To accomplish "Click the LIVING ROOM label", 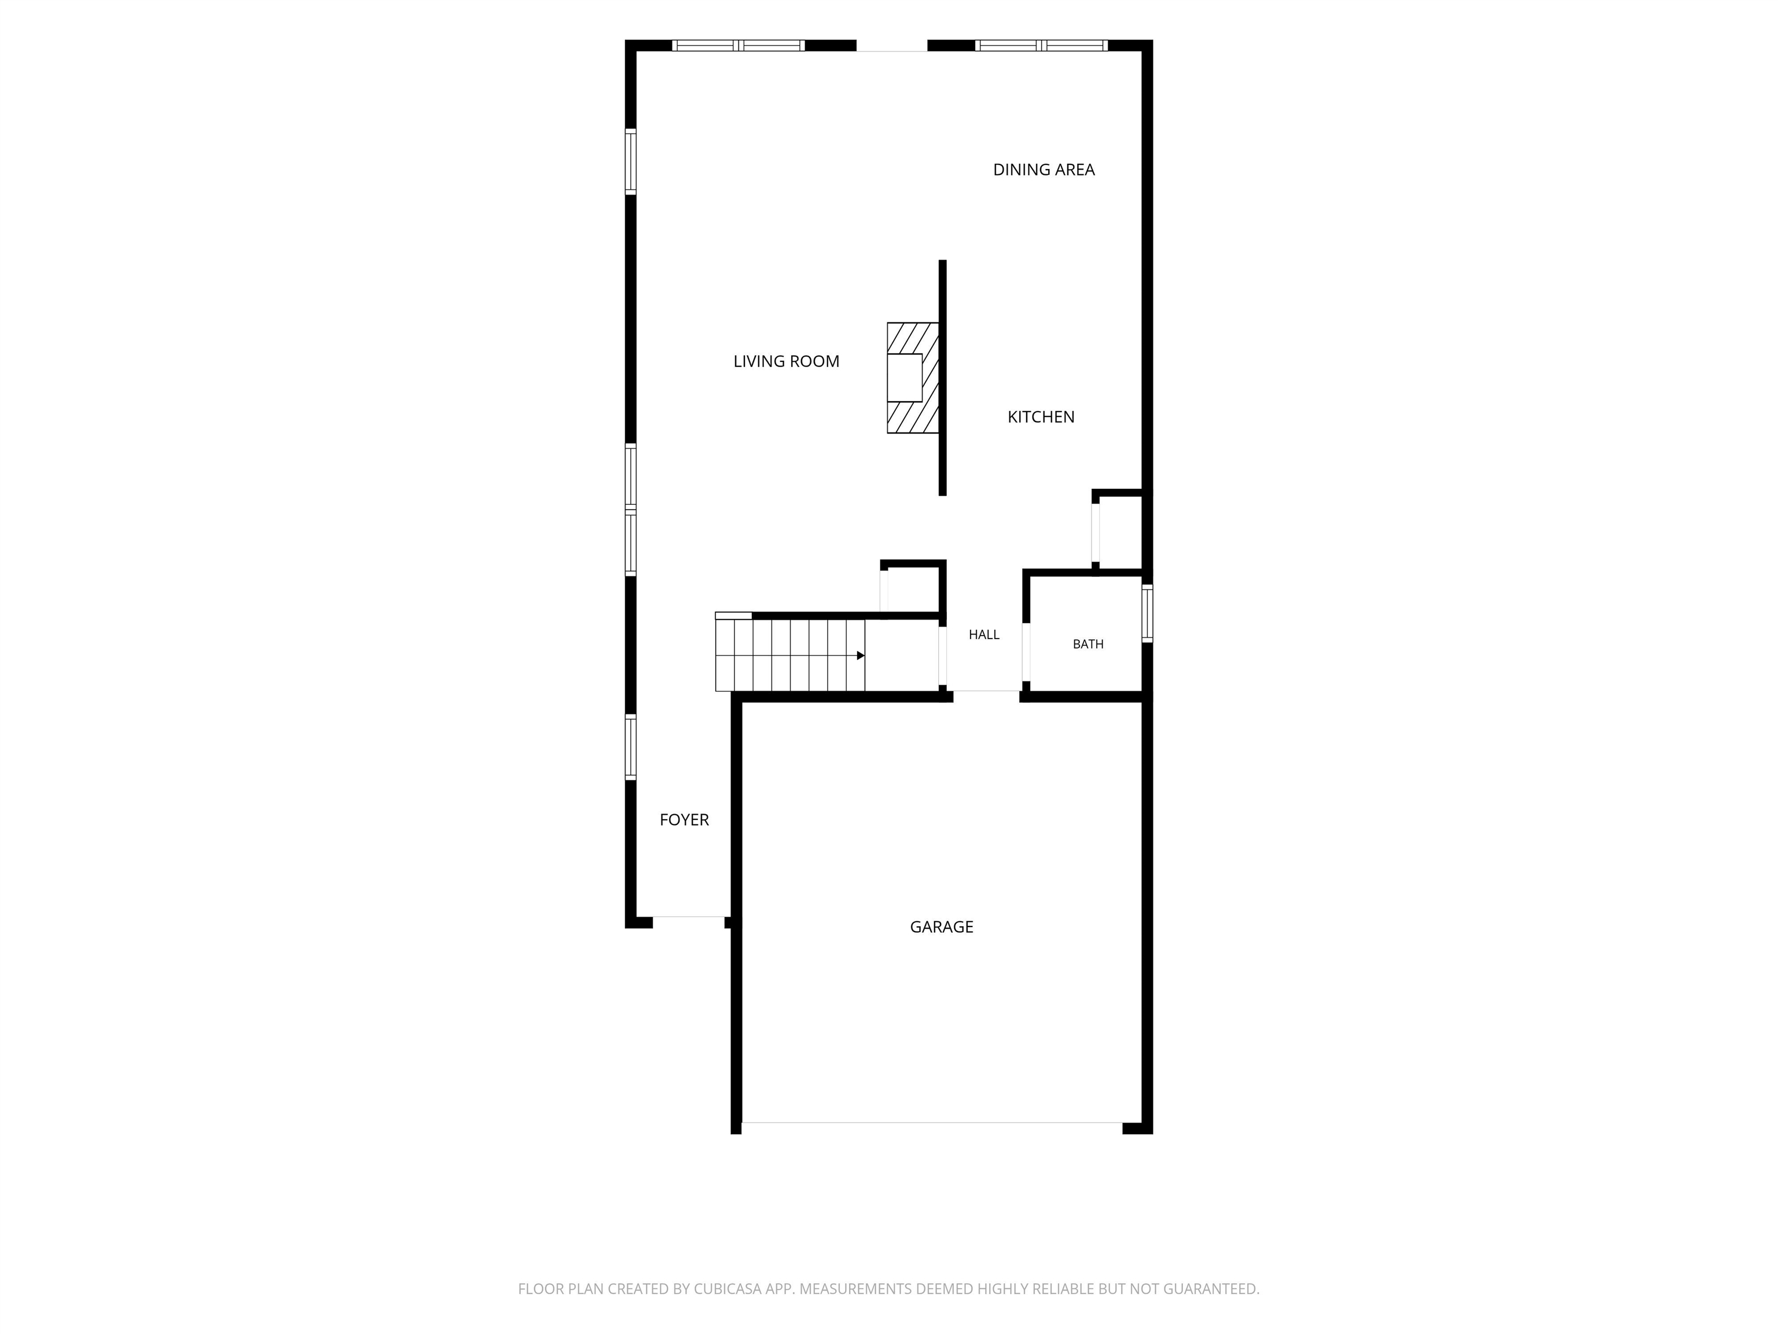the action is [786, 362].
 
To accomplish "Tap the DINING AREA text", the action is [1044, 170].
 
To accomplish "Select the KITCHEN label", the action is [1041, 416].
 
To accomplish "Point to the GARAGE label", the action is [941, 927].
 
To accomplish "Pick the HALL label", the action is [984, 635].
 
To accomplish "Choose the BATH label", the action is [1088, 644].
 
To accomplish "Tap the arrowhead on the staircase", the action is [861, 656].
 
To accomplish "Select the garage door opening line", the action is [932, 1123].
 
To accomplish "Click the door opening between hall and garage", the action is [986, 691].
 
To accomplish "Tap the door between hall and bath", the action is [1026, 652].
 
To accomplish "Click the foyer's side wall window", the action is [631, 747].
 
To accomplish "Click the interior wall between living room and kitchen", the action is [943, 378].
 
